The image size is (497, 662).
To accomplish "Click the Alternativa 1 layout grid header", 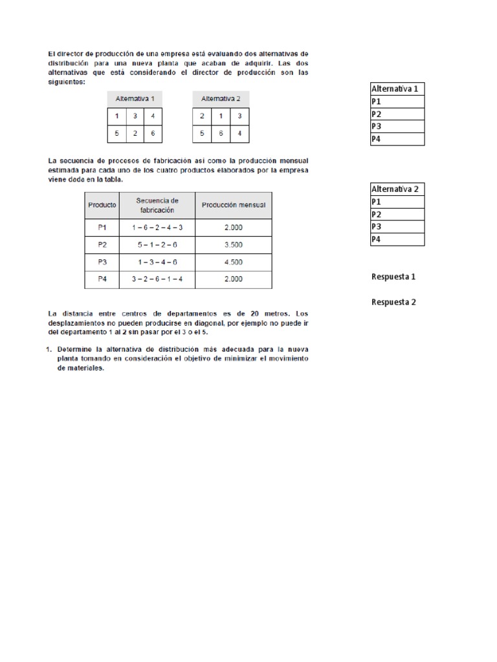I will (x=135, y=99).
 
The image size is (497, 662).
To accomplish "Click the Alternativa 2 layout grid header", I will (x=221, y=99).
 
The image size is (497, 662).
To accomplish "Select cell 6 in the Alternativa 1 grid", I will (x=153, y=133).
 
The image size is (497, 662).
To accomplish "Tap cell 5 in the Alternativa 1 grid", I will (x=116, y=133).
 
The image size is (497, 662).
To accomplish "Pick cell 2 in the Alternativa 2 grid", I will (x=202, y=116).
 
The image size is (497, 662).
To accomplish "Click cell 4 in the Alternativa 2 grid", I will (x=239, y=133).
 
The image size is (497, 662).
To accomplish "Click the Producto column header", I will (x=102, y=205).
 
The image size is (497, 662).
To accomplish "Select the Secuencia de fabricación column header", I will (x=157, y=205).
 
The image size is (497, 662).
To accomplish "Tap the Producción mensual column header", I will (x=233, y=205).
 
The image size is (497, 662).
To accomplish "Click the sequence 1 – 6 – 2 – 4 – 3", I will (x=157, y=228).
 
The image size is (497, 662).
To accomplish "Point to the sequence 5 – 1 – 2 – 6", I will (x=157, y=245).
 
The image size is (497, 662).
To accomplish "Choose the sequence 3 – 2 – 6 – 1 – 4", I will (x=157, y=279).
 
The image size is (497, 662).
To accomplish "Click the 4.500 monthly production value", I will (x=233, y=262).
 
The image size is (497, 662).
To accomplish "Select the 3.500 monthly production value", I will (x=233, y=245).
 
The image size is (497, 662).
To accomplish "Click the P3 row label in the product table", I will (x=102, y=262).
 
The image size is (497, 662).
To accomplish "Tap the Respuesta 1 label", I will (x=393, y=277).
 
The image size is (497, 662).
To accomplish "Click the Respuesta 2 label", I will (x=393, y=302).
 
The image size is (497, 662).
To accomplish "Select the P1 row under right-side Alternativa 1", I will (x=397, y=101).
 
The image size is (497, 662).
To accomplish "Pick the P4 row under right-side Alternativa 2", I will (x=397, y=240).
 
